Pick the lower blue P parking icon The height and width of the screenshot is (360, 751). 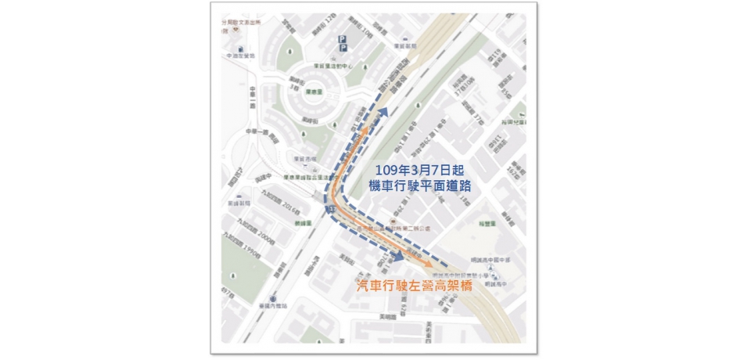341,49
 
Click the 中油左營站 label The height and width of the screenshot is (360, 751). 241,56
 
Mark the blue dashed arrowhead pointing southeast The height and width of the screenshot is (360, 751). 399,255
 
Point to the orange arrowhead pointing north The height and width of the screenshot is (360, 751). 364,126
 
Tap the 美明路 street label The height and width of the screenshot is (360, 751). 387,317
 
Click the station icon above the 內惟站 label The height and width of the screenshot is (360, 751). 272,298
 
